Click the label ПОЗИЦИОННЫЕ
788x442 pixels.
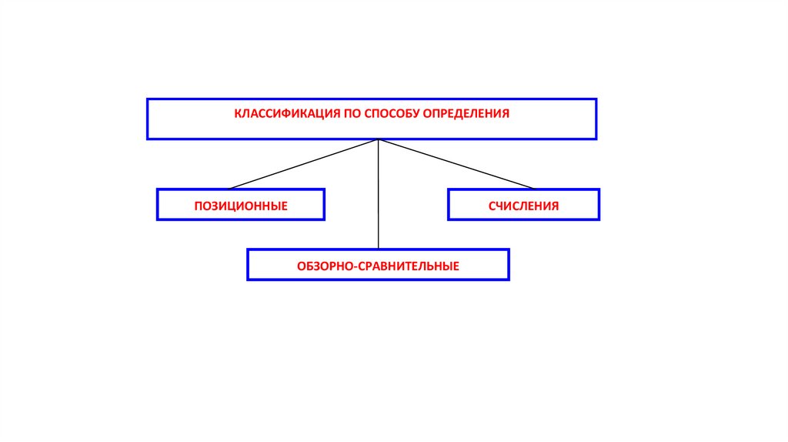tap(241, 206)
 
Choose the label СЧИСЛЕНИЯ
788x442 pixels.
tap(523, 206)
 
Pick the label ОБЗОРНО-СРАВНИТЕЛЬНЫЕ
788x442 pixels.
tap(378, 266)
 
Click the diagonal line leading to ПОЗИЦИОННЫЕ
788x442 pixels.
tap(304, 164)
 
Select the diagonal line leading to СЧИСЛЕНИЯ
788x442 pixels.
tap(456, 164)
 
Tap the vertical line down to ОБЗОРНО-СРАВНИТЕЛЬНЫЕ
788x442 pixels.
tap(378, 200)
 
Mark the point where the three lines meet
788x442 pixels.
tap(378, 140)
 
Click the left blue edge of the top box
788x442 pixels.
tap(148, 119)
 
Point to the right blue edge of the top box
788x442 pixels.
tap(596, 119)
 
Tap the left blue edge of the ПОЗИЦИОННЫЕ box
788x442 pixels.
tap(158, 205)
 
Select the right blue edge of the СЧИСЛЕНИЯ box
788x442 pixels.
tap(598, 205)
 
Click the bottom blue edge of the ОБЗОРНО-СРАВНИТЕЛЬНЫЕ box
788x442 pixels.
tap(378, 279)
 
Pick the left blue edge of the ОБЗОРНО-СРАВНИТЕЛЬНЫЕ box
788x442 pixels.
tap(248, 264)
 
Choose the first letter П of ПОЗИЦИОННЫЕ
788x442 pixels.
tap(198, 206)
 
